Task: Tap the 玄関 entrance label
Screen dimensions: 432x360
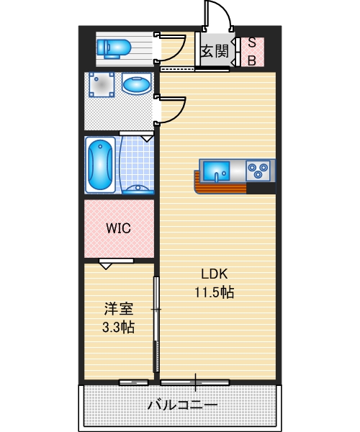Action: pos(215,50)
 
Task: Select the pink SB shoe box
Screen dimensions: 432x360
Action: pos(252,51)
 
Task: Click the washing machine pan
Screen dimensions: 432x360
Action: pos(102,86)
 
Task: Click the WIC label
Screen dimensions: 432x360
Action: pos(118,229)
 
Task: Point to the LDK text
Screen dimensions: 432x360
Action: pos(214,274)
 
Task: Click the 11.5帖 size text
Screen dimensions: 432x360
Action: pos(214,292)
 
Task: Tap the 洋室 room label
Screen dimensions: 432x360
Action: pos(118,310)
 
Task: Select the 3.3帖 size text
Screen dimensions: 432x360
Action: pos(118,327)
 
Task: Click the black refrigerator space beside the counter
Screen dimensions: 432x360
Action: pos(261,189)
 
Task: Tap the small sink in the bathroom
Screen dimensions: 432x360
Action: pos(136,189)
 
